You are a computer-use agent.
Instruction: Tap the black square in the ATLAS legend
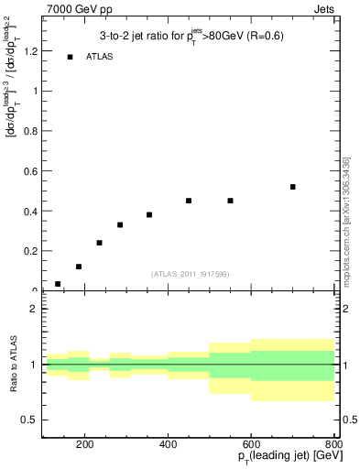[70, 58]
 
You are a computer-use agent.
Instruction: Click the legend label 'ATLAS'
[100, 58]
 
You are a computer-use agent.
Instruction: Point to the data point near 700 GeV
[293, 187]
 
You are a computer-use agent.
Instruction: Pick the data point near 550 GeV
[231, 201]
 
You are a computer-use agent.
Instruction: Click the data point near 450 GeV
[189, 201]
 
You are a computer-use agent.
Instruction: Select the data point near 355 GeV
[149, 214]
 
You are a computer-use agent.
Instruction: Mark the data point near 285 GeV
[120, 224]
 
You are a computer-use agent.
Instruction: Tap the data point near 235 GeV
[99, 243]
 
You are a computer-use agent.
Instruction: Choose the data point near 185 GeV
[79, 267]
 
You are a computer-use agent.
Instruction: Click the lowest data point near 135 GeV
[58, 284]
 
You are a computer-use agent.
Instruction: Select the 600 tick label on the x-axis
[252, 447]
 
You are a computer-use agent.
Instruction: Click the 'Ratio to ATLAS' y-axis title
[13, 365]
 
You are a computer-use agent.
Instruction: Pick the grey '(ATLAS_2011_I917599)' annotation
[190, 274]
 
